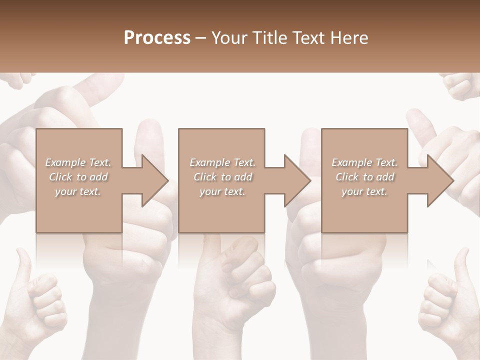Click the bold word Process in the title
pos(157,38)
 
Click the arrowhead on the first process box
pos(152,180)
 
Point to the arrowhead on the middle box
pos(295,180)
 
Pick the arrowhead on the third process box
pos(438,180)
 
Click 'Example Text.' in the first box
pos(78,162)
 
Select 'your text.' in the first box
pos(78,191)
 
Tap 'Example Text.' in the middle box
pos(222,162)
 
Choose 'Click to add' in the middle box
pos(222,177)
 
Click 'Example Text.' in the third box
pos(364,162)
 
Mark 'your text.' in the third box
pos(364,191)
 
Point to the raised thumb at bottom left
pos(23,265)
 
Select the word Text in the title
pos(309,38)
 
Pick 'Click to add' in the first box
pos(78,177)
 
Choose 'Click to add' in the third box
pos(364,177)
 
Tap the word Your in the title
pos(229,38)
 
